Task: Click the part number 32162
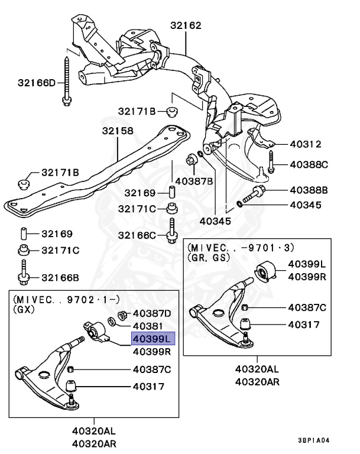coord(186,26)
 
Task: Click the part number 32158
coord(117,131)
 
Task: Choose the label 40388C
coord(308,164)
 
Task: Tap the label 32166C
coord(137,235)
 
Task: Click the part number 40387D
coord(151,313)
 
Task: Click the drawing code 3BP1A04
coord(323,441)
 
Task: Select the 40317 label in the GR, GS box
coord(303,325)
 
